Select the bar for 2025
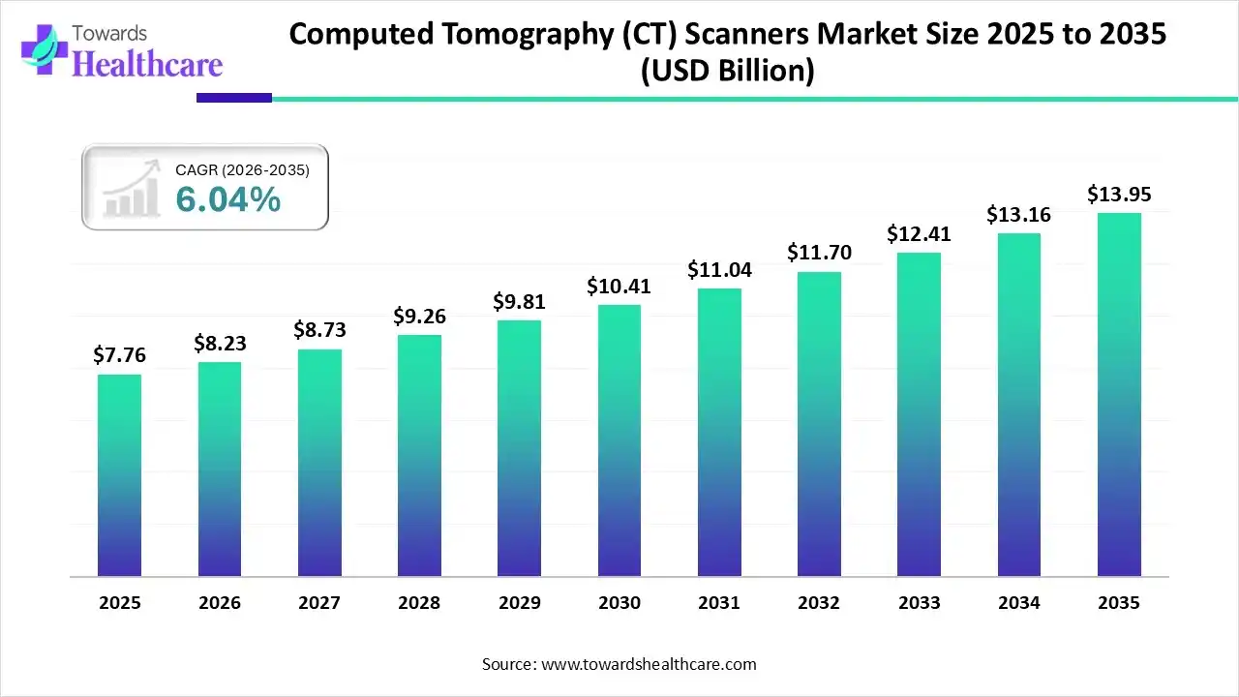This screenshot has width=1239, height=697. [119, 475]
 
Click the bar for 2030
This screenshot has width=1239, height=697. [619, 440]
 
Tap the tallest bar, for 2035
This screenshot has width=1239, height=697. [1119, 395]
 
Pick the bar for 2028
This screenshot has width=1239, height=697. [419, 456]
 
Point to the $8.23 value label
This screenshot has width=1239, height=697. [220, 344]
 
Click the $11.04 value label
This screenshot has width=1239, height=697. [719, 270]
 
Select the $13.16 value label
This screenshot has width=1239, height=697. [1019, 214]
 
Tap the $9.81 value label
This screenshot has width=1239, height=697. [520, 302]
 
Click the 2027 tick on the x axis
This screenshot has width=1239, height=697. [319, 602]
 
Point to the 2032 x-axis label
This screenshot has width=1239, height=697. [819, 602]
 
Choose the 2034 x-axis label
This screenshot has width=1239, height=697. [1019, 602]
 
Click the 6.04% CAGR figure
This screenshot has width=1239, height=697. [228, 199]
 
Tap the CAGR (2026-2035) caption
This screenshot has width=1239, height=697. [242, 170]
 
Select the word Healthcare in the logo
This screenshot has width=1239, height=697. [147, 64]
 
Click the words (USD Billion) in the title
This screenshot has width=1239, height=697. [728, 71]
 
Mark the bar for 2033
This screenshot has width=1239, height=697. [919, 414]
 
